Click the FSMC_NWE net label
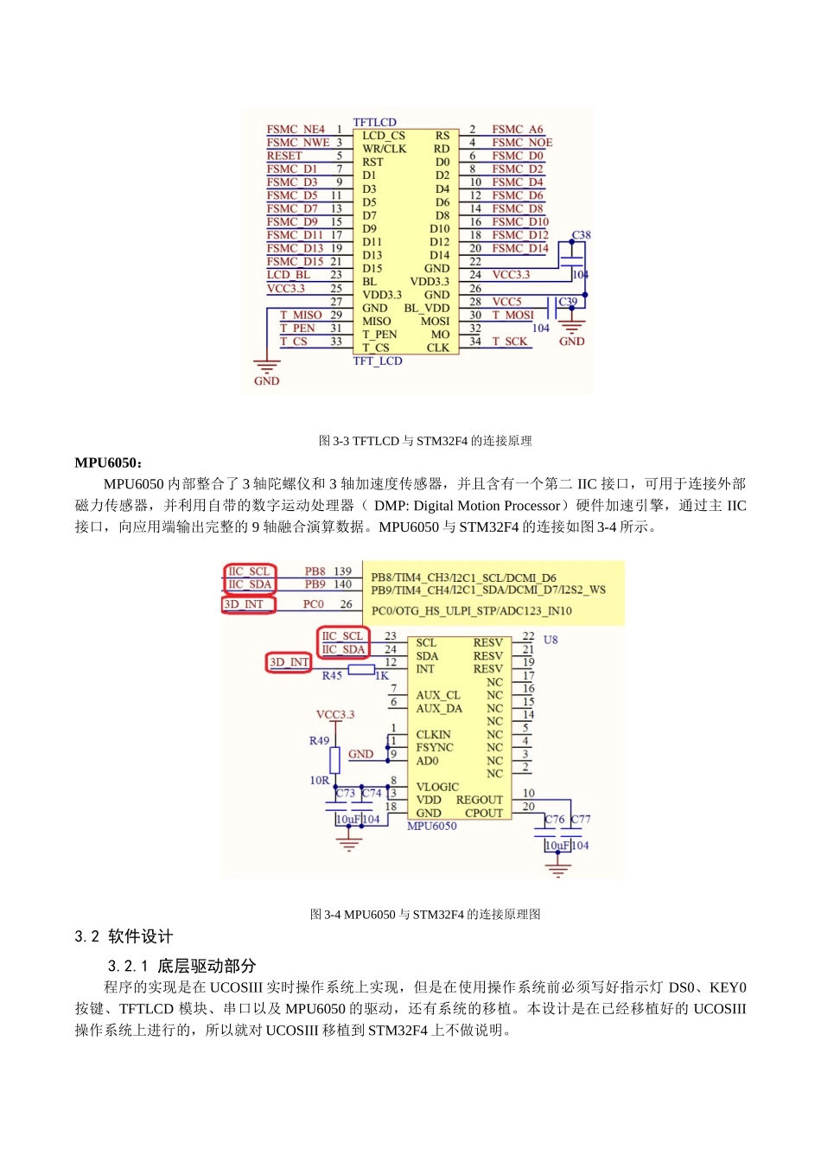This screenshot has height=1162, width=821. pos(298,143)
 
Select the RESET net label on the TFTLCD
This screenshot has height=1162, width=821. pos(284,156)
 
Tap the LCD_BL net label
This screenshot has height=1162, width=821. pos(288,275)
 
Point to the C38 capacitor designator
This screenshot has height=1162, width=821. pos(582,235)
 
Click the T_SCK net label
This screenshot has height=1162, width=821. pos(509,342)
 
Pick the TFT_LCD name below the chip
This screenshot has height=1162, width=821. pos(378,361)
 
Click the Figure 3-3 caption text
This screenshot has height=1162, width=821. pos(425,441)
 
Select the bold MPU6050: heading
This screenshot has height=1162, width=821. pos(109,463)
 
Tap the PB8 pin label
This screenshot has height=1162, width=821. pos(315,571)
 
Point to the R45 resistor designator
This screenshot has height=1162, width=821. pos(332,675)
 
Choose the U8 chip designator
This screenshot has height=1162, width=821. pos(551,640)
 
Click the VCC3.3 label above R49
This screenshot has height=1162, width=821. pos(335,714)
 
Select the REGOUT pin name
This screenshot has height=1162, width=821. pos(479,800)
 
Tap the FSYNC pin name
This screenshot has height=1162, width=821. pos(434,748)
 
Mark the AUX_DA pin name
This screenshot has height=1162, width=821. pos(439,709)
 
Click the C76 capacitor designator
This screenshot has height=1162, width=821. pos(554,819)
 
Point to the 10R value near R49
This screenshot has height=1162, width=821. pos(320,780)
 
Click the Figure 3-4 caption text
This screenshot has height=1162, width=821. pos(425,915)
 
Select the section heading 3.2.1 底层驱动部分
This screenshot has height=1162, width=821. pos(181,966)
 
